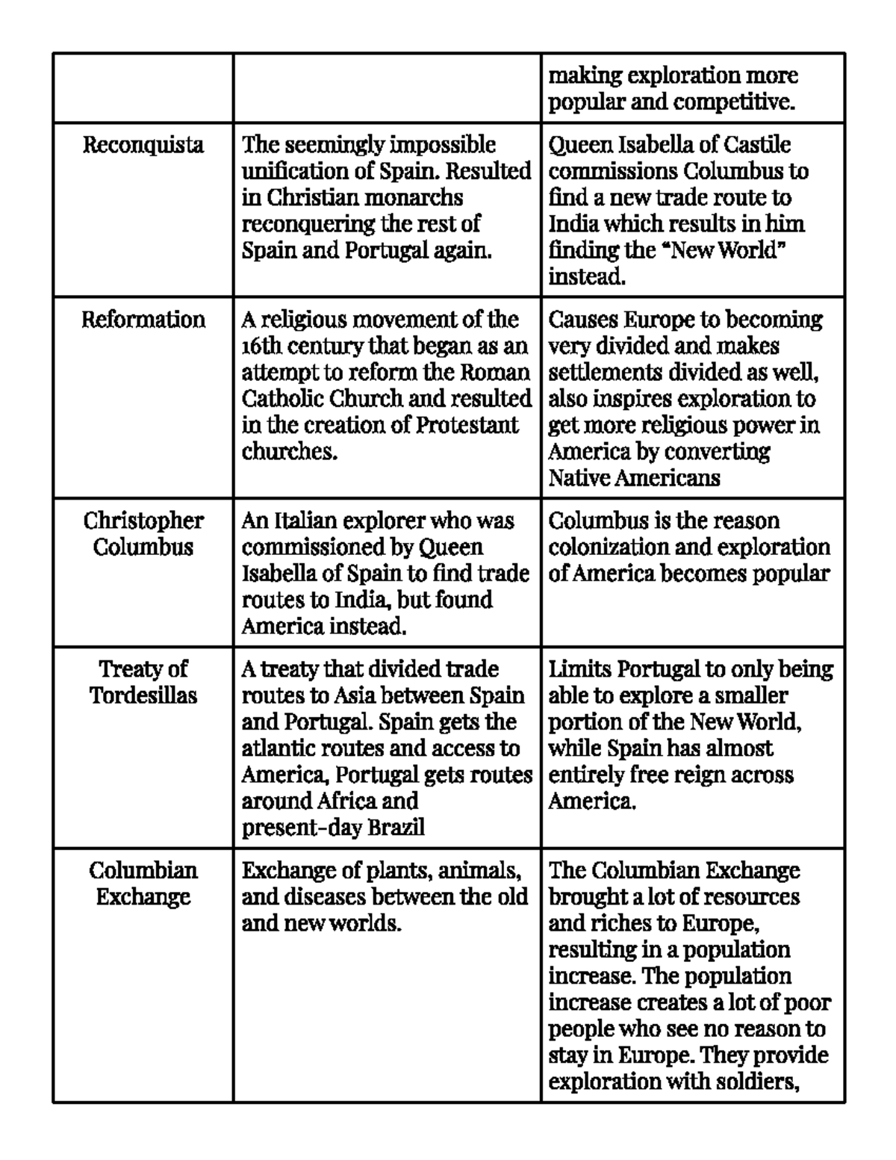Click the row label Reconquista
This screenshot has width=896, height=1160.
point(143,144)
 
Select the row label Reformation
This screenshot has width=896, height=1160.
point(143,320)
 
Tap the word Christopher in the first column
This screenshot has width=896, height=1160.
point(143,521)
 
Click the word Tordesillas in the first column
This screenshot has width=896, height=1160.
point(143,695)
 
